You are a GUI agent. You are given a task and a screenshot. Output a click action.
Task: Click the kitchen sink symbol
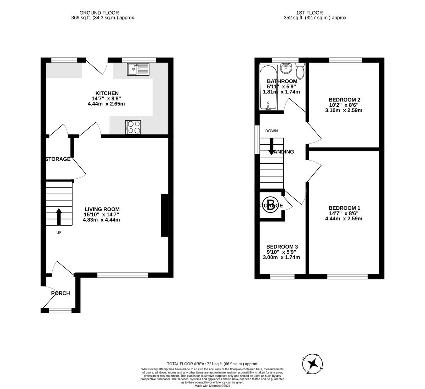tap(138, 69)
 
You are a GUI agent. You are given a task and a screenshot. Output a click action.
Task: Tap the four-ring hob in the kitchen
tap(133, 127)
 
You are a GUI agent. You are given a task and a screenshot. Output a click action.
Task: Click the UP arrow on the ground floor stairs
tap(59, 216)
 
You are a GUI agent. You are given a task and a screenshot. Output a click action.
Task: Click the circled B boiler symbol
tap(271, 205)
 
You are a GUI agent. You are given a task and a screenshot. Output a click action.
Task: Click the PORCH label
tap(61, 293)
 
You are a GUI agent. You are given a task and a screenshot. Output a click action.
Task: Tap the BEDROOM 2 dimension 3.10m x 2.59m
tap(344, 110)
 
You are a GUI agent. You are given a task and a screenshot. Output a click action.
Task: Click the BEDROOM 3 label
tap(282, 247)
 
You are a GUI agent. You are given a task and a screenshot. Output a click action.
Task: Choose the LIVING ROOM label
tap(102, 209)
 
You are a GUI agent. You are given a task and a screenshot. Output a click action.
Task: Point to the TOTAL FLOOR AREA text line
tap(212, 364)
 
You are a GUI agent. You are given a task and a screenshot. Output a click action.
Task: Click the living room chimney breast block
tap(165, 215)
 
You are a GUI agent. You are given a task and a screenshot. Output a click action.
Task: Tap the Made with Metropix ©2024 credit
tap(212, 385)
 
